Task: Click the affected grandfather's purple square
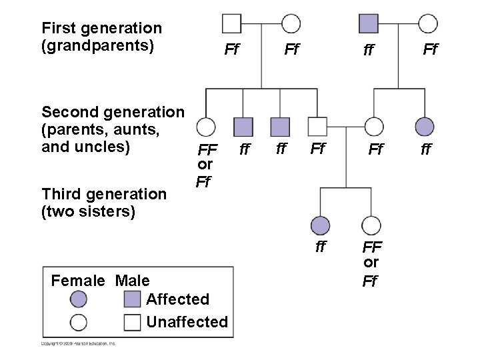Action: tap(369, 23)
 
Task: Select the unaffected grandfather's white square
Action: tap(231, 23)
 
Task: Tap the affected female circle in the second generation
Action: tap(425, 127)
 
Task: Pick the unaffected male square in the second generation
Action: tap(318, 127)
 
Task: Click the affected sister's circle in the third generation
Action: tap(321, 225)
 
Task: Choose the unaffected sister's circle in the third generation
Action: tap(371, 225)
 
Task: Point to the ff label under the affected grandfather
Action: tap(369, 49)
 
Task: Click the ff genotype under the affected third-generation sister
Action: tap(321, 247)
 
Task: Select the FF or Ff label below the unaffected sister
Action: tap(371, 264)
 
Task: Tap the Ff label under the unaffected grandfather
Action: tap(231, 49)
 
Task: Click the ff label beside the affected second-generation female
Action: tap(425, 150)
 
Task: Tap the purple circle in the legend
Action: tap(79, 299)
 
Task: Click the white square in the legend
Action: tap(133, 322)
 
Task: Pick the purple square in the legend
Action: tap(133, 299)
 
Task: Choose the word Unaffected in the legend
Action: tap(187, 322)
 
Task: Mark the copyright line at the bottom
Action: tap(79, 343)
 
